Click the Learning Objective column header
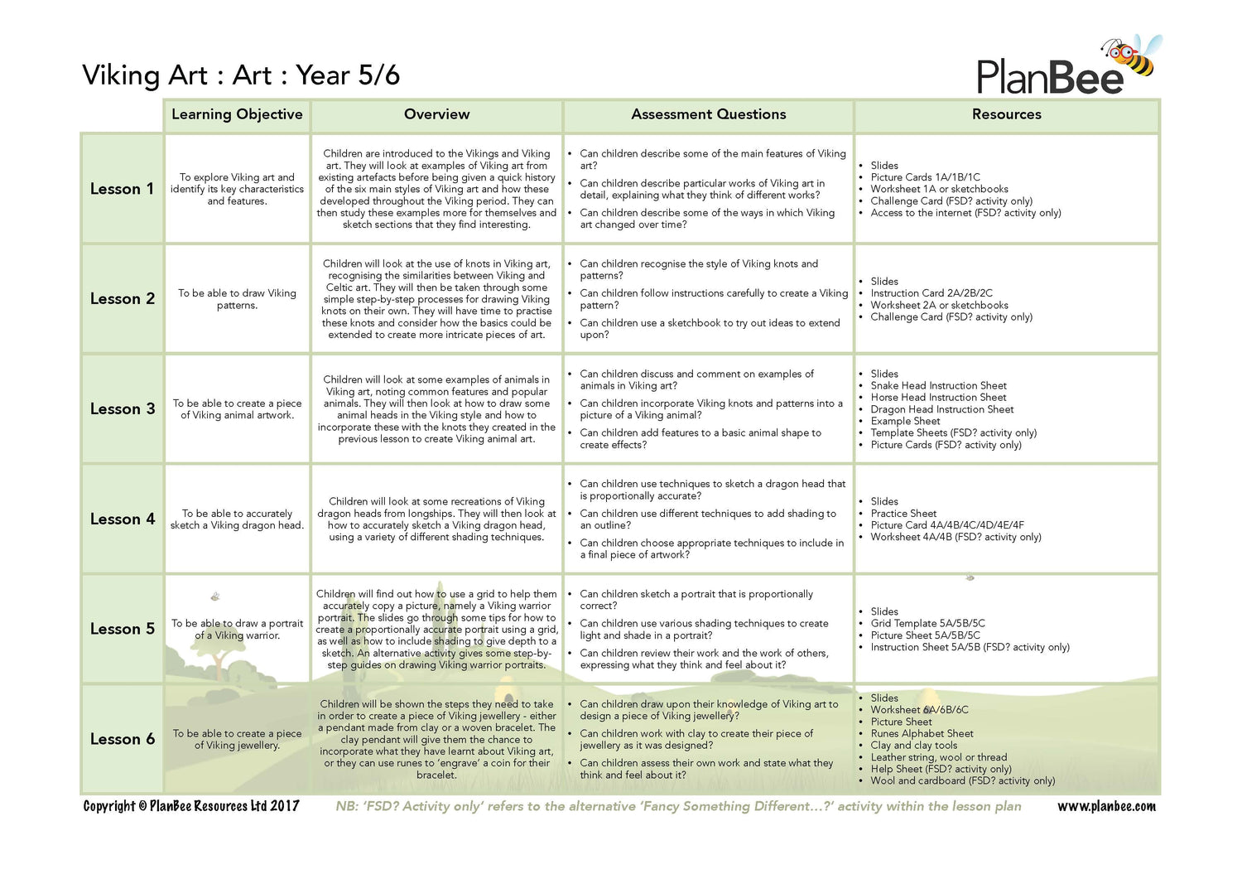[237, 114]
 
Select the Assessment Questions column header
[708, 114]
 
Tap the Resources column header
[1006, 114]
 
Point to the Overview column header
[436, 114]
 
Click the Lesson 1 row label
[122, 189]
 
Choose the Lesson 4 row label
[122, 519]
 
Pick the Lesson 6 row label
[122, 739]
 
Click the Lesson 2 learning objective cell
[237, 299]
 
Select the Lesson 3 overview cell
[436, 409]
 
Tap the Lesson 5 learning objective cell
[237, 630]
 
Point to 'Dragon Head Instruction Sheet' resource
[941, 409]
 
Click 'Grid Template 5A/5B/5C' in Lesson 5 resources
[927, 624]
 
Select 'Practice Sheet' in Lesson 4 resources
[903, 514]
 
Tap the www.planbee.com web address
[1106, 806]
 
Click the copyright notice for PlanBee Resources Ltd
[191, 806]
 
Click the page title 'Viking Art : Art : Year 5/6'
[241, 75]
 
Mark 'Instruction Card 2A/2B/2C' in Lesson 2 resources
[931, 293]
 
